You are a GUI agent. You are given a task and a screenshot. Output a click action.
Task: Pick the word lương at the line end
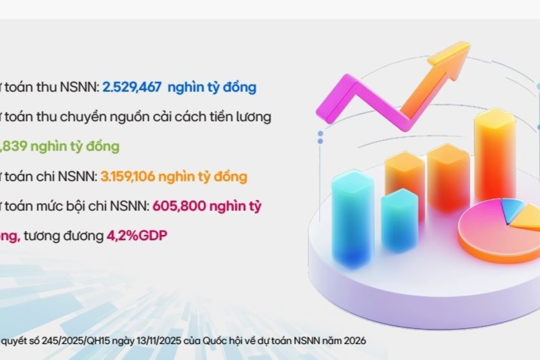[x=253, y=117]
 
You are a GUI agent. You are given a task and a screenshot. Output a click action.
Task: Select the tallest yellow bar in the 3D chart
[x=495, y=156]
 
